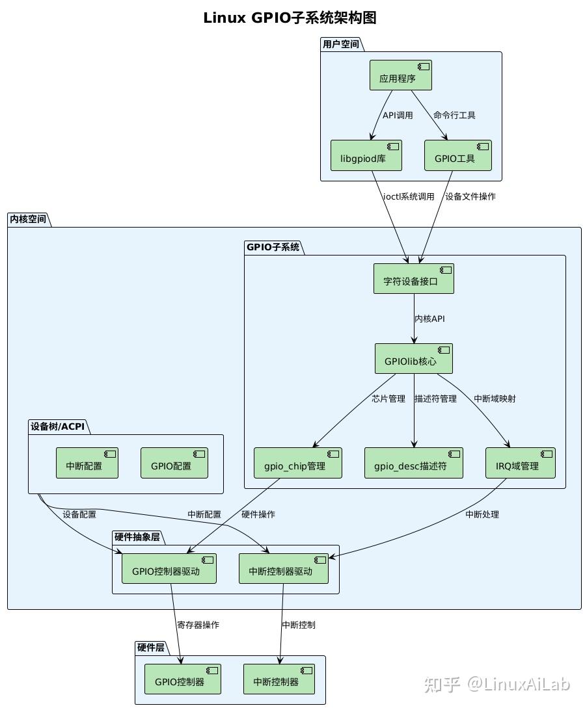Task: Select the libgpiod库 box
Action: pos(366,155)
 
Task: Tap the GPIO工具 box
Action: pos(457,155)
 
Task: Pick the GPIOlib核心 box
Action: pos(413,358)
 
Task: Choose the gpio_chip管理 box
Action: pos(297,463)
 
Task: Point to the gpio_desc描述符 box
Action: pos(413,463)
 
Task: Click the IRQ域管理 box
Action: pos(520,463)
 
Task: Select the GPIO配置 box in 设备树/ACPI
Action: pos(174,463)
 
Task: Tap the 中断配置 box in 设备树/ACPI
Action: pos(87,463)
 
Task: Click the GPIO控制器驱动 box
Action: pos(169,568)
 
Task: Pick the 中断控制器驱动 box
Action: pos(283,568)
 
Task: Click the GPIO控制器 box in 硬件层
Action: pos(182,679)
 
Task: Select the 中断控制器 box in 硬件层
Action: pos(279,679)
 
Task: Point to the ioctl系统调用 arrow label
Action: pos(409,196)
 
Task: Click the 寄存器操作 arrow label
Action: pos(198,625)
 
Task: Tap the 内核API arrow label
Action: pos(430,319)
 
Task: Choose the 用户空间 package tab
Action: pos(341,44)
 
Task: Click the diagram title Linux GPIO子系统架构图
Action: pos(290,18)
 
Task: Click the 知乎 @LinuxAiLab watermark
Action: pos(497,684)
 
